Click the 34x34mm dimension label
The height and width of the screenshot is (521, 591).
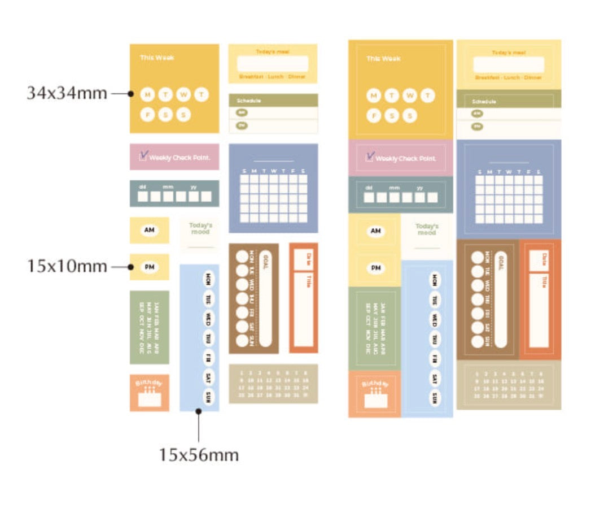pyautogui.click(x=67, y=93)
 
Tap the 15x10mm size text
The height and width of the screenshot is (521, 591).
pyautogui.click(x=67, y=266)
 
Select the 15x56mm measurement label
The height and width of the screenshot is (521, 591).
pyautogui.click(x=198, y=454)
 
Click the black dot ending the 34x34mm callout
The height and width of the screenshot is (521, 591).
pyautogui.click(x=130, y=93)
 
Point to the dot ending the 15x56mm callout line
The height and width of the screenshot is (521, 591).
pyautogui.click(x=199, y=411)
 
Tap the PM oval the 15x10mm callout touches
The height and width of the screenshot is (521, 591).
pyautogui.click(x=149, y=267)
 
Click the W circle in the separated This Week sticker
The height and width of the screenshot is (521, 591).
pyautogui.click(x=183, y=95)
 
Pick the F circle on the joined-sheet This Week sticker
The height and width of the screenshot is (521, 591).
pyautogui.click(x=374, y=116)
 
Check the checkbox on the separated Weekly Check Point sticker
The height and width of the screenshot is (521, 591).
pyautogui.click(x=143, y=155)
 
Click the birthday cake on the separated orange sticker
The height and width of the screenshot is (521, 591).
pyautogui.click(x=149, y=398)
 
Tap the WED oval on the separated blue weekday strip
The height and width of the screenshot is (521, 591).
pyautogui.click(x=209, y=317)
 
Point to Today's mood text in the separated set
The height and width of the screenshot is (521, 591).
pyautogui.click(x=200, y=228)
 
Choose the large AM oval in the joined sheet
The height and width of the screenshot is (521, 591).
pyautogui.click(x=376, y=231)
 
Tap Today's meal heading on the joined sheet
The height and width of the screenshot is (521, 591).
pyautogui.click(x=509, y=53)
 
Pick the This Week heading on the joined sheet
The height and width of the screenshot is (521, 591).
pyautogui.click(x=383, y=59)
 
